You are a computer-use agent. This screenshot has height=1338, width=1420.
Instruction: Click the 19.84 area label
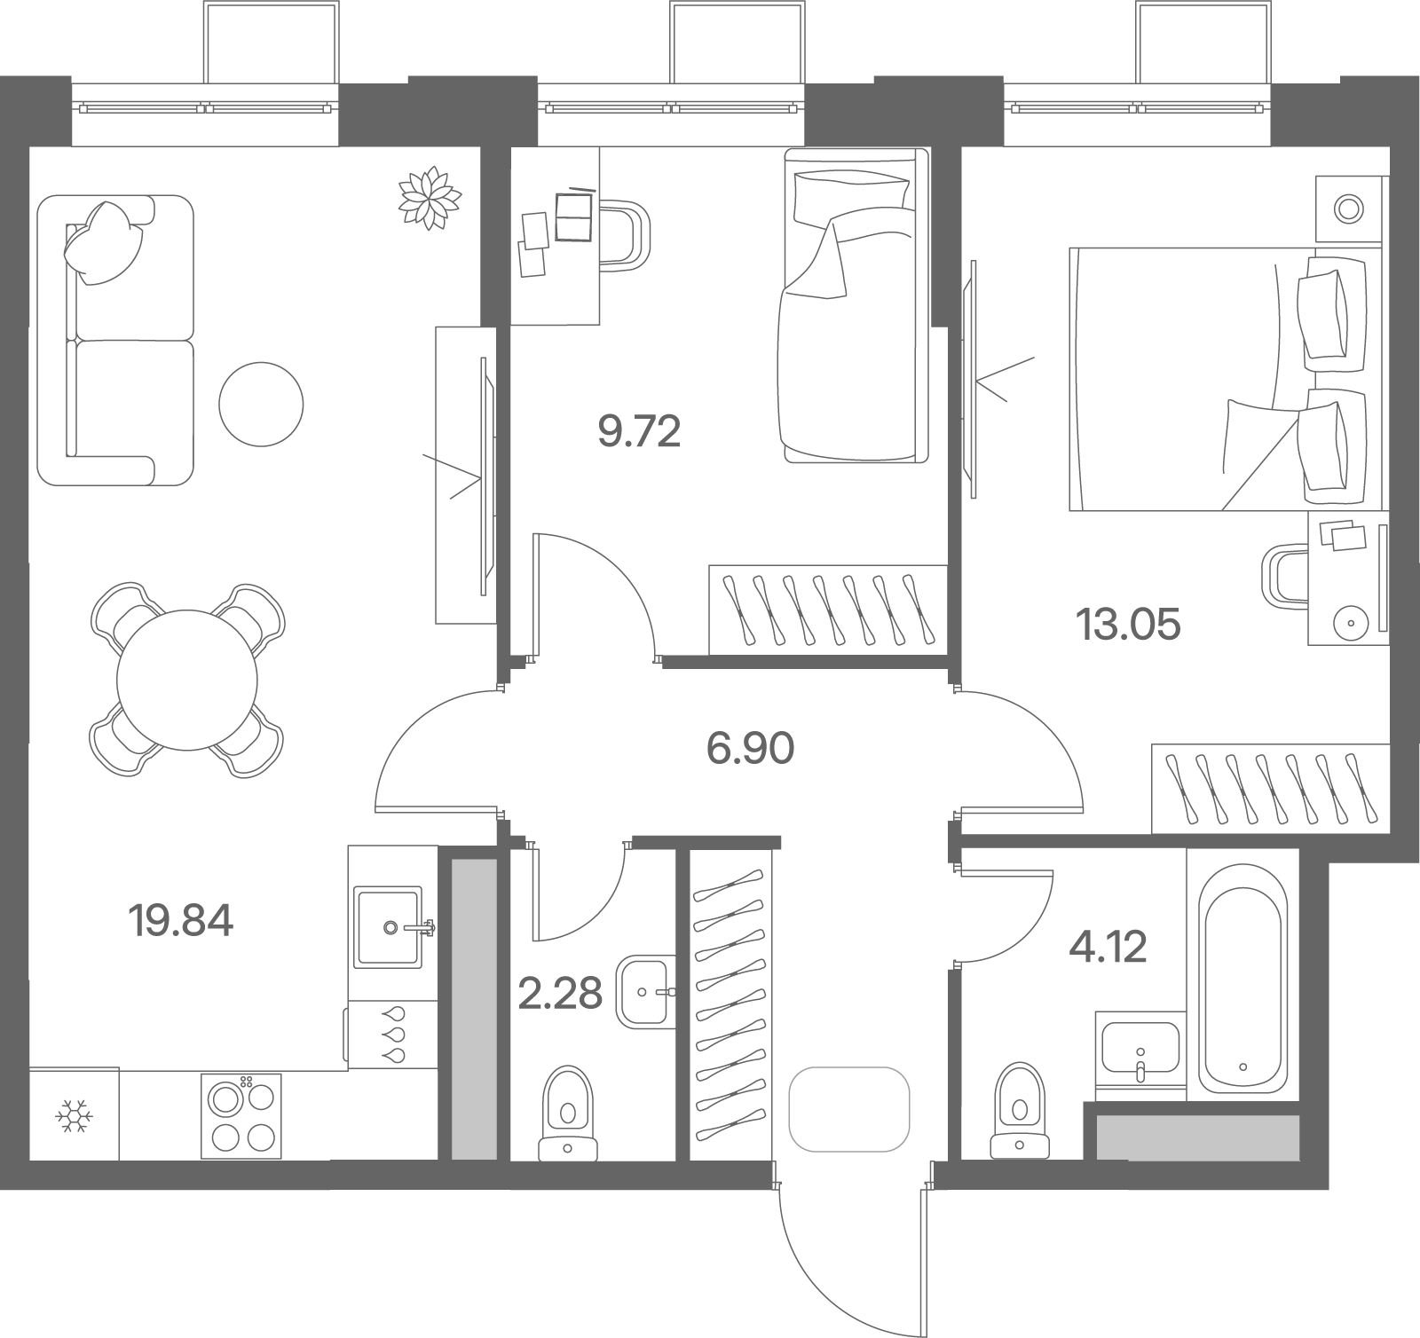181,922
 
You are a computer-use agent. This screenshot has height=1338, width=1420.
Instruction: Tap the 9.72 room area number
639,432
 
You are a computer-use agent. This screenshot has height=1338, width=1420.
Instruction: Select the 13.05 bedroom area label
1128,625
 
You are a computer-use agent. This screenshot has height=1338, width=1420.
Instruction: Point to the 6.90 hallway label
750,750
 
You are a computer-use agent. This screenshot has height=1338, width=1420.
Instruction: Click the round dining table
187,680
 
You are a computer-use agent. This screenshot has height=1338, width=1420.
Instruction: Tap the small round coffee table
261,404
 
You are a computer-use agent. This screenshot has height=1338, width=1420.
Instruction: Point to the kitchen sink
390,926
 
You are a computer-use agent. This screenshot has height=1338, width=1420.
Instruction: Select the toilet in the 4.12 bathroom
1019,1111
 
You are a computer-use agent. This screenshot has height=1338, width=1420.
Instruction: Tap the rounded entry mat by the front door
849,1109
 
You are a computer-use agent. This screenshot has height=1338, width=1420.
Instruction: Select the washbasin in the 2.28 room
645,991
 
